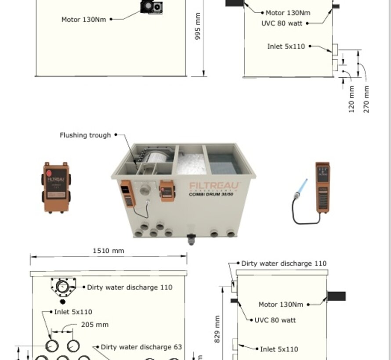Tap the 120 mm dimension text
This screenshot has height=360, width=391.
point(351,99)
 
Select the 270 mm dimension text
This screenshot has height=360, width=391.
point(366,99)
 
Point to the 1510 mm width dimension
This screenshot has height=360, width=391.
point(108,251)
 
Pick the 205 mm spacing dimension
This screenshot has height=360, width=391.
point(94,325)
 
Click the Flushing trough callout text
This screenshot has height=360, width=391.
point(85,135)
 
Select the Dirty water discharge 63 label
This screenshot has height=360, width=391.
point(141,347)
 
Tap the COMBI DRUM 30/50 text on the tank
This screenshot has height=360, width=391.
point(211,194)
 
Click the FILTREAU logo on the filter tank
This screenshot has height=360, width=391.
point(215,186)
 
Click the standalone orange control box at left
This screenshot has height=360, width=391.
point(56,187)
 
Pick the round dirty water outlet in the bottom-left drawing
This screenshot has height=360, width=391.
point(63,288)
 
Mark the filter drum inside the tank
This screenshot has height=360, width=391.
point(157,159)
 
